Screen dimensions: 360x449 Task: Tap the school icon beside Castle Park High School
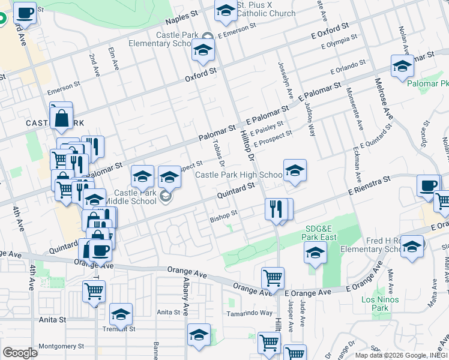(x=295, y=171)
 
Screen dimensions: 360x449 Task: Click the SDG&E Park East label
(x=319, y=233)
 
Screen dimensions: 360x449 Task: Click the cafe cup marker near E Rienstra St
(x=429, y=186)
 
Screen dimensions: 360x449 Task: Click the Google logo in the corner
(x=20, y=352)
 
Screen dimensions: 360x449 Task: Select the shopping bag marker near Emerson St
(x=62, y=118)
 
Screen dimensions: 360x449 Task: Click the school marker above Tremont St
(x=121, y=314)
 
